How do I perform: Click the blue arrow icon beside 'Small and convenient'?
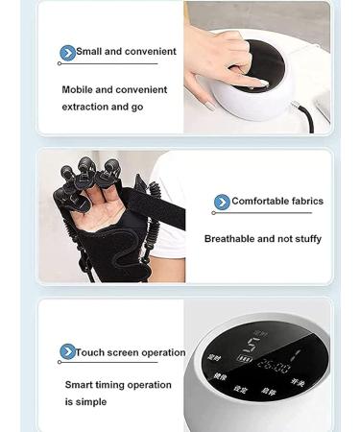tap(67, 53)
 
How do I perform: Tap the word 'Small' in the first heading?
tap(89, 52)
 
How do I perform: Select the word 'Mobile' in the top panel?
tap(80, 89)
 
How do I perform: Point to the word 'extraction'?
tap(84, 107)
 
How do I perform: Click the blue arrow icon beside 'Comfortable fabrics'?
tap(222, 202)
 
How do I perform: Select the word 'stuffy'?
tap(304, 239)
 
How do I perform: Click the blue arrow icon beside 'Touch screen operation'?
tap(67, 352)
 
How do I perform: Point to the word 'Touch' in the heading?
tap(90, 352)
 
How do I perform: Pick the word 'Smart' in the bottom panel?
tap(80, 385)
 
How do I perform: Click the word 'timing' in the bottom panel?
tap(113, 385)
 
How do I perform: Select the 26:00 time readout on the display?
tap(273, 367)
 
